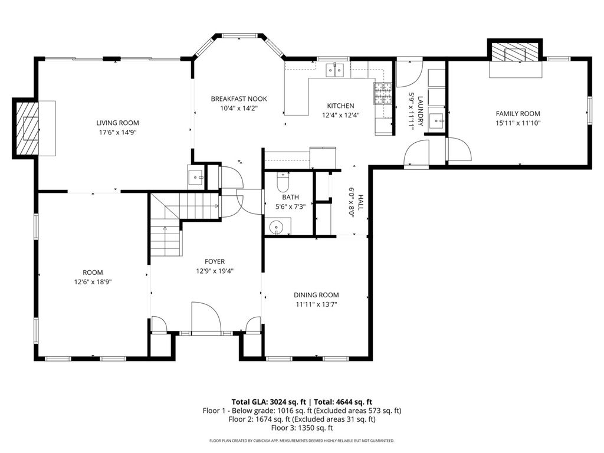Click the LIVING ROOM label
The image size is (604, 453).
[x=117, y=123]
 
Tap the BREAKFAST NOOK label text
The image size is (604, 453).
[x=239, y=99]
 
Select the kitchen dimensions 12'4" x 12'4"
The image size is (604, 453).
[x=340, y=115]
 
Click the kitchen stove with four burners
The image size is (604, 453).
[x=382, y=94]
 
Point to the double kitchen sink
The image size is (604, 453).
[x=335, y=70]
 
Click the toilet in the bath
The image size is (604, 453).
[x=283, y=183]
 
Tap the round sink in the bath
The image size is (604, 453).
[x=276, y=227]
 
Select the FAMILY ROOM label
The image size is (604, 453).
[x=518, y=114]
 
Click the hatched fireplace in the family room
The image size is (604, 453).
[x=515, y=52]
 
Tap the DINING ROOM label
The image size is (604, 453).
[x=316, y=295]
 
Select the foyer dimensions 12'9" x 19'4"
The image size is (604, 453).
[x=215, y=271]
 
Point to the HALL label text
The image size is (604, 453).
[x=360, y=202]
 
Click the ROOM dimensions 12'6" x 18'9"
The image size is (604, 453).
[x=93, y=281]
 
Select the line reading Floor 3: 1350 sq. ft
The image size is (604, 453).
[x=302, y=428]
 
